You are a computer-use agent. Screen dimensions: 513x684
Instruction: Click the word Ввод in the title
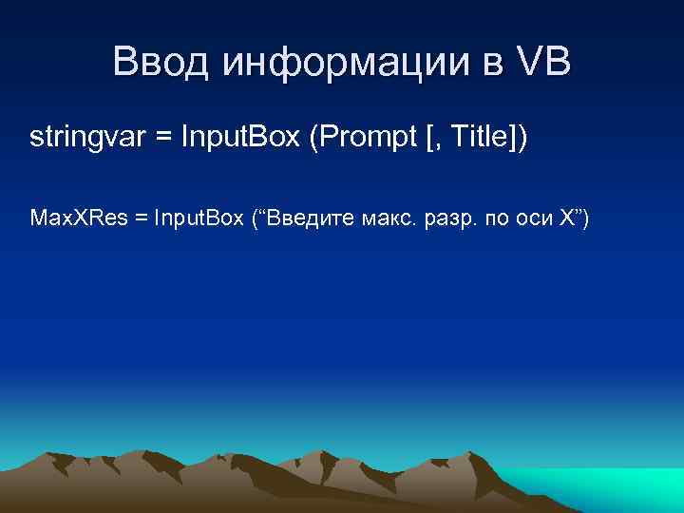coord(161,64)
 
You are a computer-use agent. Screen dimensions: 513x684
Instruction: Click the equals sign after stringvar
coord(162,139)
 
